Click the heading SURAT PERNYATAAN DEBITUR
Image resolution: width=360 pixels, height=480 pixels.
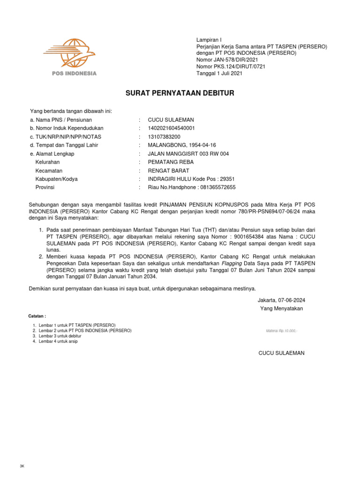[180, 93]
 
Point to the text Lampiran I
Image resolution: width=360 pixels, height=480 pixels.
[208, 40]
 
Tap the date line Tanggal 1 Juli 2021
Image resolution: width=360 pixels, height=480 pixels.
[219, 73]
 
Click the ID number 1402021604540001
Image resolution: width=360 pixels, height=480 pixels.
[171, 128]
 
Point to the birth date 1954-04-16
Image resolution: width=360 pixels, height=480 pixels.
[201, 145]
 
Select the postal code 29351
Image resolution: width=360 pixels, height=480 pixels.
[227, 179]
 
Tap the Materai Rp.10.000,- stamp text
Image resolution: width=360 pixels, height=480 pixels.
[282, 330]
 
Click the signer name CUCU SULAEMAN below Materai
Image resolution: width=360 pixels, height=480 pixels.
[281, 353]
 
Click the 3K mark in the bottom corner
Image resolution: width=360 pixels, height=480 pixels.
[22, 466]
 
